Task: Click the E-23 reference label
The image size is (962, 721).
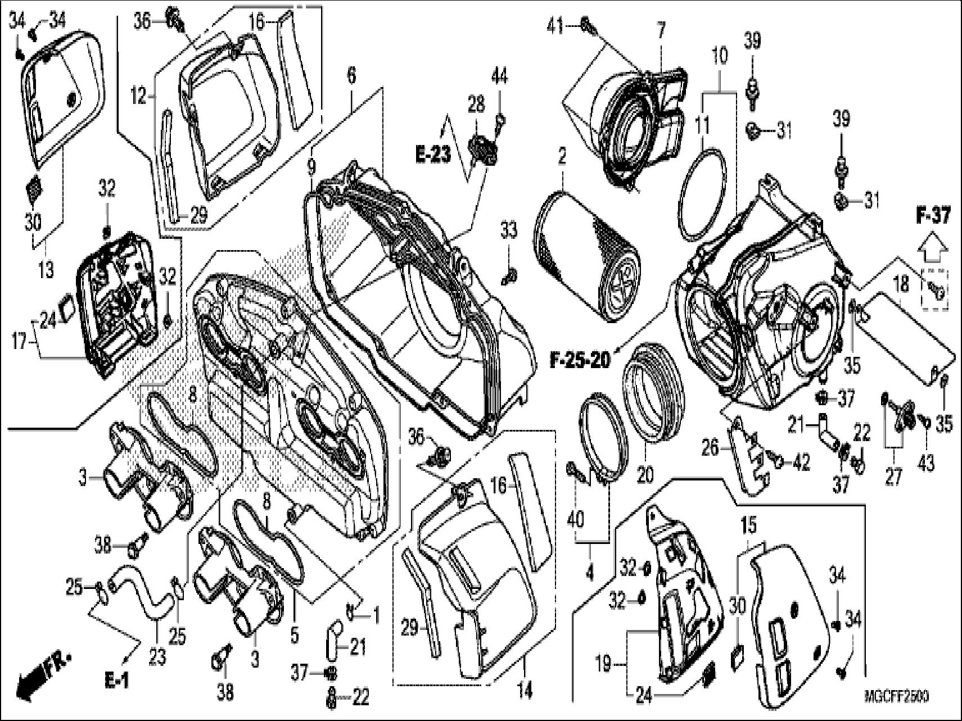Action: (x=433, y=155)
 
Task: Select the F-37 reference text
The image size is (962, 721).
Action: (x=933, y=216)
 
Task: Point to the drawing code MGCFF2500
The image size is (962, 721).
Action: (x=896, y=696)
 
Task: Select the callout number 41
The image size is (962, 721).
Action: (x=556, y=27)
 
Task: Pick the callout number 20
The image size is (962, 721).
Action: (x=645, y=475)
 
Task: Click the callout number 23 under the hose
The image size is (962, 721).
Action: (x=158, y=655)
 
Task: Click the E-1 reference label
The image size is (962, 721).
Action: (x=116, y=681)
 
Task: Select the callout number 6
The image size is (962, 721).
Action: (x=351, y=76)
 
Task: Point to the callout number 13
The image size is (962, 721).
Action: (x=46, y=270)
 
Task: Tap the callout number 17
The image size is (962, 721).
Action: (x=20, y=341)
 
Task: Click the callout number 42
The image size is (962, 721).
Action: (x=801, y=463)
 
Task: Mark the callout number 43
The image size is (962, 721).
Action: (x=926, y=464)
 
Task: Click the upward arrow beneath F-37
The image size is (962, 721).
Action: (x=933, y=247)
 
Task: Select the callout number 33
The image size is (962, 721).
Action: (x=508, y=230)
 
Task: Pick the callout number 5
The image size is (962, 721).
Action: (x=293, y=636)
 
